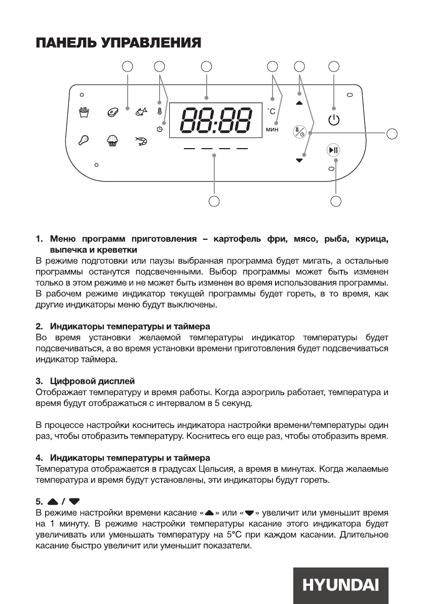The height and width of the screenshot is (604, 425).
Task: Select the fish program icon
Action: click(x=141, y=112)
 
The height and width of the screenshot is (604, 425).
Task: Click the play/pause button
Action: click(x=333, y=150)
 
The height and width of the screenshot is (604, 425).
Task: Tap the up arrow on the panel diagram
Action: click(x=299, y=103)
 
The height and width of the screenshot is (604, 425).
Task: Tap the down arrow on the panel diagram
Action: click(x=299, y=160)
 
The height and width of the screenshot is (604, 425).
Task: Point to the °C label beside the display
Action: click(x=272, y=111)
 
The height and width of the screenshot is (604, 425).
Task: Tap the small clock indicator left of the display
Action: click(x=160, y=130)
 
